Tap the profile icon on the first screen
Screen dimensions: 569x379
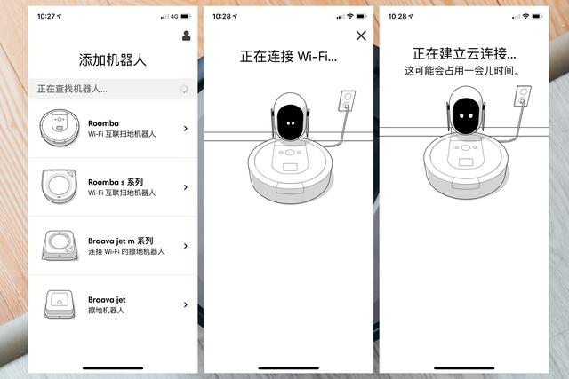point(186,36)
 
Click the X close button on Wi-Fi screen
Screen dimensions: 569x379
point(361,36)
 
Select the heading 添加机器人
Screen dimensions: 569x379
point(113,59)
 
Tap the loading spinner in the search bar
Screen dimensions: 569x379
point(184,89)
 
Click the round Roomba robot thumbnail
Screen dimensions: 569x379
point(60,128)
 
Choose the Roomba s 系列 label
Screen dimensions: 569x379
point(116,182)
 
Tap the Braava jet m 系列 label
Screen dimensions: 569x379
point(121,241)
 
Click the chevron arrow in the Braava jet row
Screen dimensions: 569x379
point(186,304)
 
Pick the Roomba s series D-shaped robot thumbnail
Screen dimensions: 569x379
point(60,186)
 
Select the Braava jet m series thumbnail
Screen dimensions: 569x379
point(60,245)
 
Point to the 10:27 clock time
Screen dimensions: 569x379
point(46,16)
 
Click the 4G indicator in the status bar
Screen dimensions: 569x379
point(174,16)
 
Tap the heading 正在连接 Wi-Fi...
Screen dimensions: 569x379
point(288,57)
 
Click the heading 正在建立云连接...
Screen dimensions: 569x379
point(464,54)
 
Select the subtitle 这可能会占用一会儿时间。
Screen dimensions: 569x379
point(462,71)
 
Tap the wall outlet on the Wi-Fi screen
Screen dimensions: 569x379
point(347,100)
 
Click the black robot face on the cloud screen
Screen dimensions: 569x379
point(466,115)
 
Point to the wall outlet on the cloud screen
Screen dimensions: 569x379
point(523,96)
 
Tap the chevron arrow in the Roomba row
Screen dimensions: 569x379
point(186,129)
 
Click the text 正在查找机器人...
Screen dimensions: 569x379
point(72,89)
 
